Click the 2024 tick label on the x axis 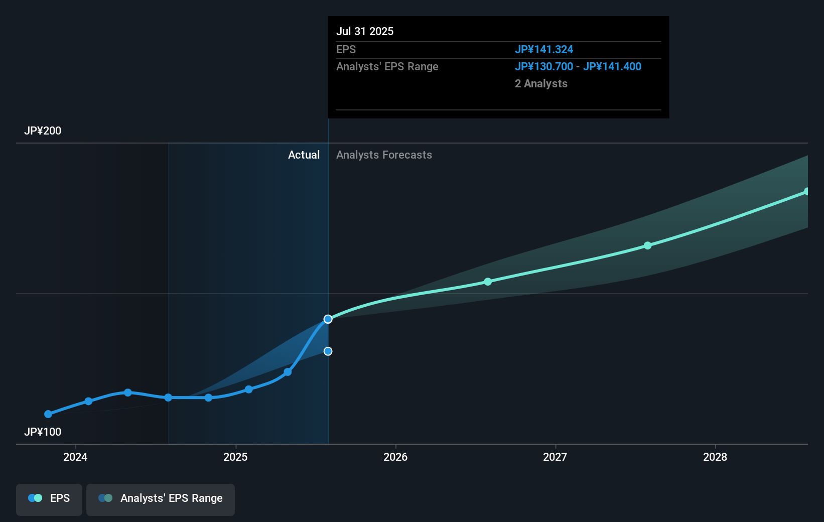coord(75,457)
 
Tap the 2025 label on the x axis coord(235,457)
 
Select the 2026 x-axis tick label coord(395,457)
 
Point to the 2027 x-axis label coord(555,457)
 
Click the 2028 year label coord(715,457)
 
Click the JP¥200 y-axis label coord(43,131)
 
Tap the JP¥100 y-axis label coord(43,432)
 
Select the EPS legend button coord(49,498)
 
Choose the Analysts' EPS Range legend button coord(161,498)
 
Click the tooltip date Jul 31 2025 coord(365,31)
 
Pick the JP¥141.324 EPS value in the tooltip coord(544,49)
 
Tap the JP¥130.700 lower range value coord(544,66)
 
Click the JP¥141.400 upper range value coord(612,66)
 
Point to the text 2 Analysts coord(541,83)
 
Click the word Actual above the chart coord(304,155)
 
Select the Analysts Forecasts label coord(384,155)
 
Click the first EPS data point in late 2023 coord(48,414)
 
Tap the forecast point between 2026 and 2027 coord(488,282)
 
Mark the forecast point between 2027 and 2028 coord(647,245)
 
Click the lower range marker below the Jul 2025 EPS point coord(328,351)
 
